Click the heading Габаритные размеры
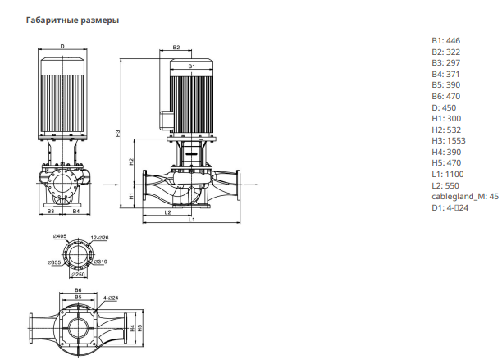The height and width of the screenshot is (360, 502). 72,21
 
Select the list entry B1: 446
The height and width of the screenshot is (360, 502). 445,41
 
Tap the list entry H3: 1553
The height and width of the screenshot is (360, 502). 449,141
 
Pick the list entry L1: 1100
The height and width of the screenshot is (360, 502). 448,175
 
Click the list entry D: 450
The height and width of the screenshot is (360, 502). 444,108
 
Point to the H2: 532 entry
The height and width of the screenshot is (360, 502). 446,130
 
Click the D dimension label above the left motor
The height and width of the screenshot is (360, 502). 62,47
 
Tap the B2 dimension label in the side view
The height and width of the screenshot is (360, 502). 176,48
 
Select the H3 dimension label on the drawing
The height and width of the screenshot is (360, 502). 118,134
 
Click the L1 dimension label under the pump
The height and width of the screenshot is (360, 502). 191,220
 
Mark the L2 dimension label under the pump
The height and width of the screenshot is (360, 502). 167,212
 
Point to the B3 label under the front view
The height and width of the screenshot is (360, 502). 51,212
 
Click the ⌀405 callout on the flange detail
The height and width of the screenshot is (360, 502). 60,236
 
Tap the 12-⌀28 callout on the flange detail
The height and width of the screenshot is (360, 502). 99,238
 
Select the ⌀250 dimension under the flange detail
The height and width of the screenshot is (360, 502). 78,274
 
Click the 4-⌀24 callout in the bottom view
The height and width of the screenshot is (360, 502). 111,298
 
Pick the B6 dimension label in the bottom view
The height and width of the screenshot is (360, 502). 78,290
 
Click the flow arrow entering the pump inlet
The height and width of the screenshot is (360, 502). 111,185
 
